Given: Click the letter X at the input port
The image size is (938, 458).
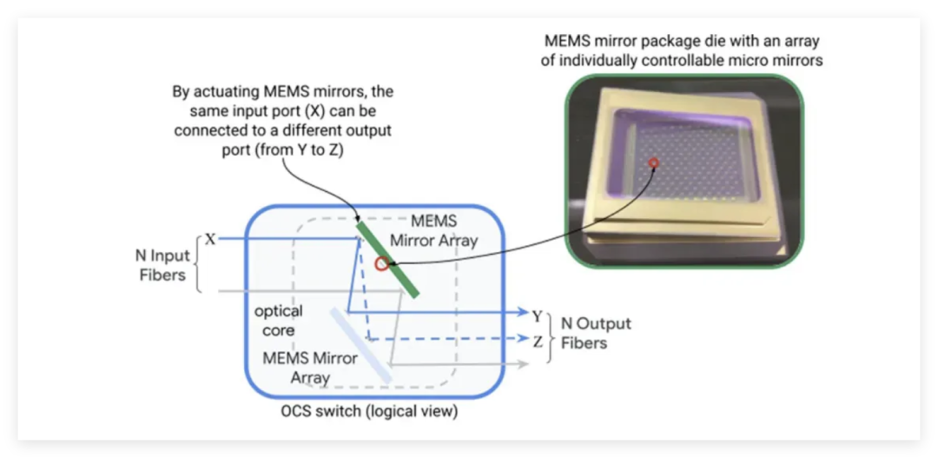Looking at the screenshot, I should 209,237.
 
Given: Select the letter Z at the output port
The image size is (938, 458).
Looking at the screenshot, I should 537,341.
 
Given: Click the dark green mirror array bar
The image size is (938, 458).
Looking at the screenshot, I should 388,259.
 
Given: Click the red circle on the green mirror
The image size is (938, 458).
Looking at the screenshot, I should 380,262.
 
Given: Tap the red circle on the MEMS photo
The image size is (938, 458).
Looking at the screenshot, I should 655,163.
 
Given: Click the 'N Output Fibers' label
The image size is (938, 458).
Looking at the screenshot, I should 596,333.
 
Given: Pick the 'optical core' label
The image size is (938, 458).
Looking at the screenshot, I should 278,320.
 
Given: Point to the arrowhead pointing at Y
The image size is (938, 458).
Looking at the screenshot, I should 523,313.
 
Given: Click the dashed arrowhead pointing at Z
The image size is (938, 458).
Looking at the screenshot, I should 523,340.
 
